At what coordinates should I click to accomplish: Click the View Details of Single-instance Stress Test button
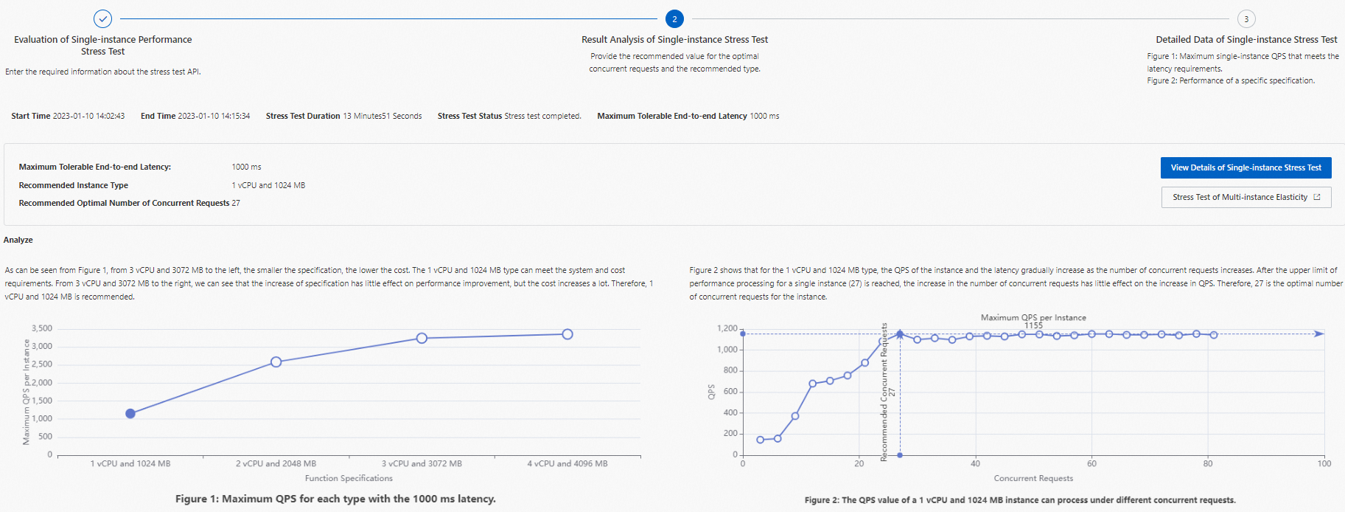[x=1246, y=167]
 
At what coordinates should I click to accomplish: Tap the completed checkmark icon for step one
[x=102, y=18]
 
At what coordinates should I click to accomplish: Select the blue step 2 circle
[x=674, y=19]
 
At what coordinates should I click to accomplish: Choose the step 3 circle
[x=1246, y=19]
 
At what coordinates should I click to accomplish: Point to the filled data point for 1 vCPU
[x=130, y=414]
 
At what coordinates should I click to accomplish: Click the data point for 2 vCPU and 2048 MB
[x=276, y=362]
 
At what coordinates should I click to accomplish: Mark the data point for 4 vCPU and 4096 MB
[x=567, y=334]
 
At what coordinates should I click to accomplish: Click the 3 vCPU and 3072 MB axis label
[x=422, y=464]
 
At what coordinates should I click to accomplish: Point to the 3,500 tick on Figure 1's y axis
[x=42, y=328]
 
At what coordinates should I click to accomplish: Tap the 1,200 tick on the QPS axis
[x=727, y=328]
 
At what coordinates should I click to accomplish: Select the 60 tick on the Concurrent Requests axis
[x=1091, y=464]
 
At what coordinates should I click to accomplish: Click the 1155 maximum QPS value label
[x=1033, y=325]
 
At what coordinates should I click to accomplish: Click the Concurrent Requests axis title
[x=1033, y=479]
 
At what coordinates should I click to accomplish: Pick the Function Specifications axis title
[x=349, y=479]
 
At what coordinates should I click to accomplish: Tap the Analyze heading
[x=18, y=240]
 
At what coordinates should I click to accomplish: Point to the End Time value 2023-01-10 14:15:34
[x=214, y=116]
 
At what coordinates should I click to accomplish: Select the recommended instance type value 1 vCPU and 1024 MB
[x=268, y=185]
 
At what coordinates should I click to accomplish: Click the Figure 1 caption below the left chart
[x=335, y=499]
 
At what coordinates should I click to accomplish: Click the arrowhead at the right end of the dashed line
[x=1319, y=334]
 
